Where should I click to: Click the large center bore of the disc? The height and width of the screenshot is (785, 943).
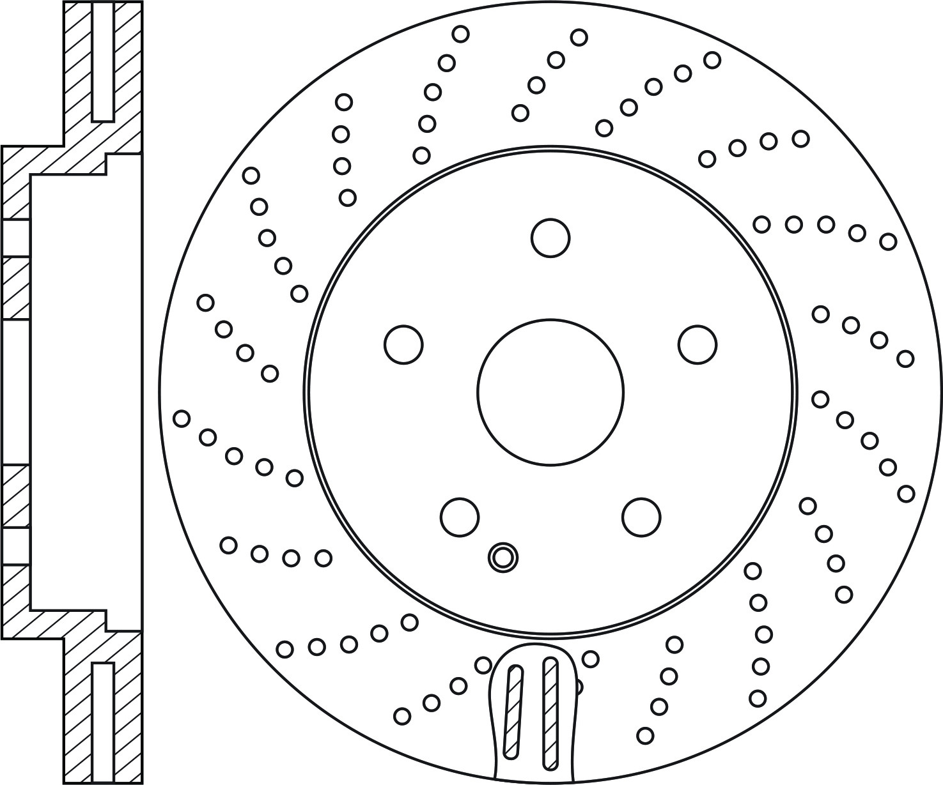point(550,392)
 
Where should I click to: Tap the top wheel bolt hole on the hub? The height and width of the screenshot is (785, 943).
point(550,238)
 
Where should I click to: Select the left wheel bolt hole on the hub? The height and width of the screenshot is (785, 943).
point(403,344)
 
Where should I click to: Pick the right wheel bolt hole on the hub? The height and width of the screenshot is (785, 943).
point(697,344)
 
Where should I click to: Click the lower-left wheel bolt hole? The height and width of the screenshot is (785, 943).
point(460,516)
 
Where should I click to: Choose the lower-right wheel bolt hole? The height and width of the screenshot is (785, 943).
point(641,516)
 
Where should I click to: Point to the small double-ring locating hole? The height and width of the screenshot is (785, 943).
point(503,557)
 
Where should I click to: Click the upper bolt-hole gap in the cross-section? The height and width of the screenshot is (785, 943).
point(15,238)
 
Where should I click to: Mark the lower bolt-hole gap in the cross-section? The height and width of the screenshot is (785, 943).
point(15,546)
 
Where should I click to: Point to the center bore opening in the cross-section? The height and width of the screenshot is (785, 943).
point(15,392)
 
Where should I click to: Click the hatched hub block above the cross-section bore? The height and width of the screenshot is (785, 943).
point(15,288)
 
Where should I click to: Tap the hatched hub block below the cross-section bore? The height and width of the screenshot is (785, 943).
point(15,496)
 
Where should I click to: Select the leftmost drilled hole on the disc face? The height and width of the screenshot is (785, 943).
point(182,418)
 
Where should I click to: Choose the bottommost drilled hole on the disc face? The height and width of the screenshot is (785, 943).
point(645,735)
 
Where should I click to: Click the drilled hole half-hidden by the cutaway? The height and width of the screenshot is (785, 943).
point(578,687)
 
